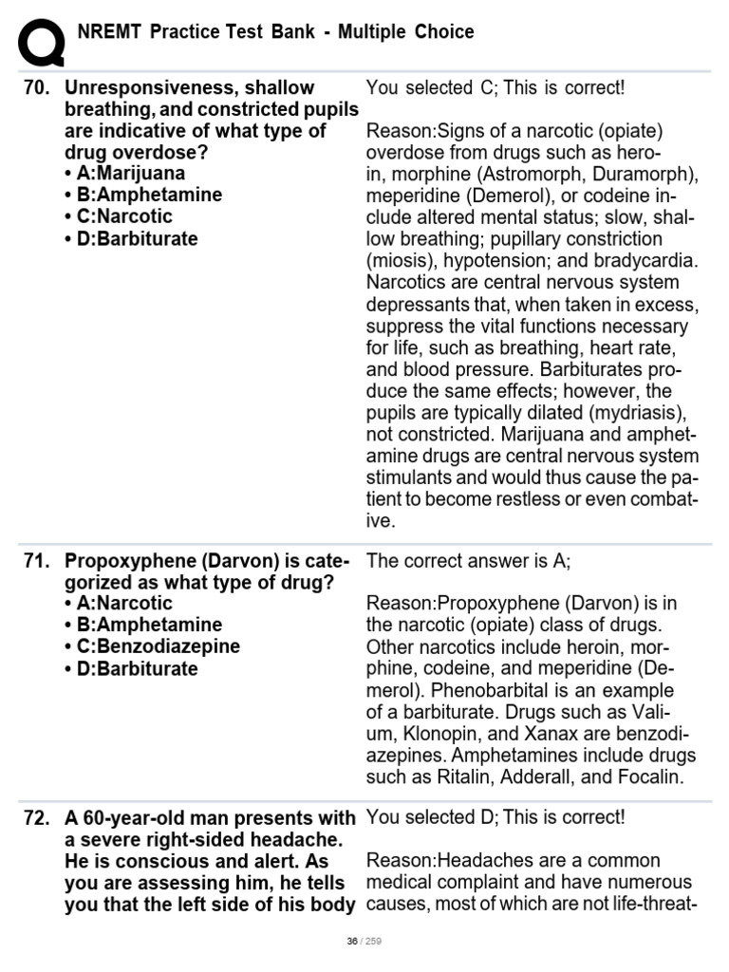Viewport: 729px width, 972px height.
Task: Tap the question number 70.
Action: (x=35, y=87)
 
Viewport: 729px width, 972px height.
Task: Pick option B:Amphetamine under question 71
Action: (x=142, y=625)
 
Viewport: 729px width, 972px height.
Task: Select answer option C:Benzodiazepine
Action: (x=152, y=646)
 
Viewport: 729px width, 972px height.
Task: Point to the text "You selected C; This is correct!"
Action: (x=495, y=88)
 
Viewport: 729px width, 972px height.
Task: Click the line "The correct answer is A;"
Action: (x=468, y=560)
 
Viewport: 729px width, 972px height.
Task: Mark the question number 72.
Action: (x=35, y=818)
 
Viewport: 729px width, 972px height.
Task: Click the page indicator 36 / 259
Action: (x=364, y=941)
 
